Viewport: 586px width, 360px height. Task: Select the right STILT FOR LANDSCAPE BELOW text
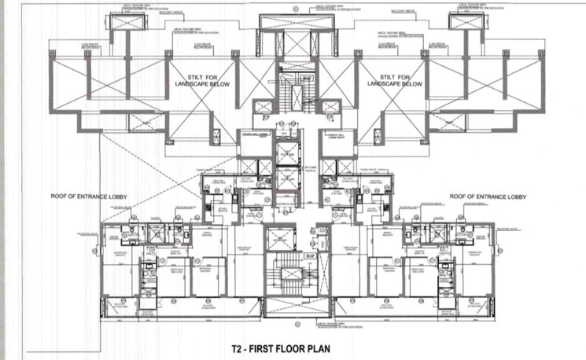[x=391, y=77]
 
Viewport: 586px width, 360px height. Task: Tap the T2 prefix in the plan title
[x=236, y=344]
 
